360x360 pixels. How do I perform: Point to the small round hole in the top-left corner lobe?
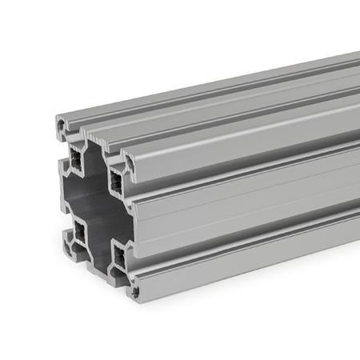[x=62, y=125]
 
